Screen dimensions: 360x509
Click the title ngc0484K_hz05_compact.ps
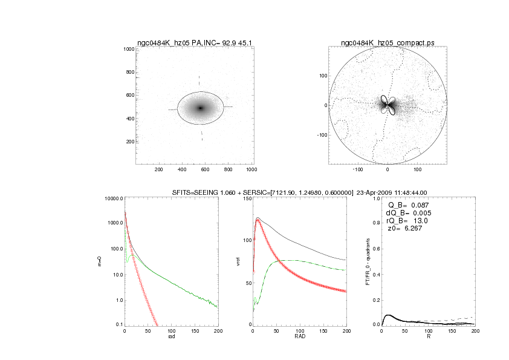pos(387,42)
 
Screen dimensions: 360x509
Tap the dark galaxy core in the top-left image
pos(201,108)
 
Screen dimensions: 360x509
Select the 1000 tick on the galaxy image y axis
pos(128,49)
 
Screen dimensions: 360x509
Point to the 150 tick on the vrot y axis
pos(245,198)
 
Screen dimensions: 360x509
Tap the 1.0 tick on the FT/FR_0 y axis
pos(375,198)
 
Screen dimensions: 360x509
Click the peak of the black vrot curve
pos(258,218)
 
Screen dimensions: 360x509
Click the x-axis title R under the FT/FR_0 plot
pos(429,337)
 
